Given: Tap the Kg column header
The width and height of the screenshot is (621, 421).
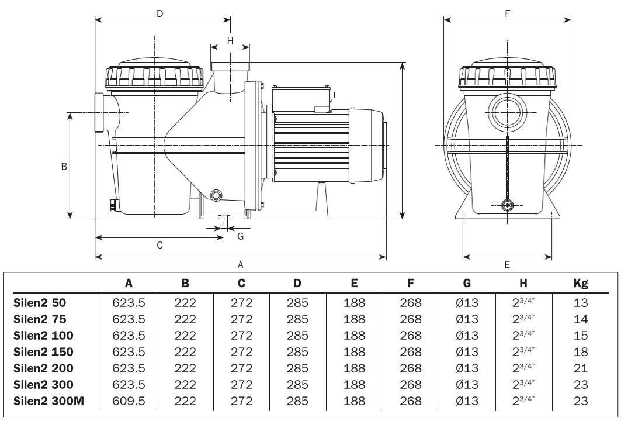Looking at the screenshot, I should [580, 284].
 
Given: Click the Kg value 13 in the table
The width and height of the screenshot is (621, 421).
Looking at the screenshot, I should [580, 303].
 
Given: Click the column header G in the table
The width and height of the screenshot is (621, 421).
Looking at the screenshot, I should [467, 284].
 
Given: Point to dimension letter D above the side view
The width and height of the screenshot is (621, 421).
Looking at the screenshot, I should [159, 13].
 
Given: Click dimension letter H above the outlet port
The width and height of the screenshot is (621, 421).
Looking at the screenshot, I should [230, 40].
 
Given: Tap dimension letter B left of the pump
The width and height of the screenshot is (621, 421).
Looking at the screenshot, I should [64, 166].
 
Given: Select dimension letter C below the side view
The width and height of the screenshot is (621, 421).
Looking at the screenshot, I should [159, 245].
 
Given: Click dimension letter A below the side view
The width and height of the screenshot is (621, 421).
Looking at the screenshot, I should [240, 264].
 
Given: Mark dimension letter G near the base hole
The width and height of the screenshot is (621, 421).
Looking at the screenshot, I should [240, 236].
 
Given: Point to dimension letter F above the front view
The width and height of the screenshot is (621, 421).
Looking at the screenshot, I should [507, 13].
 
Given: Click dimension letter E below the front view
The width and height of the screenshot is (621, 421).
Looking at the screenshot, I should [507, 264].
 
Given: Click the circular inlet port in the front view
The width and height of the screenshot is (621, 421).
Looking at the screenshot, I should [507, 112].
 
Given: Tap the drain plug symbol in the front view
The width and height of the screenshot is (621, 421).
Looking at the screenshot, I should [507, 205].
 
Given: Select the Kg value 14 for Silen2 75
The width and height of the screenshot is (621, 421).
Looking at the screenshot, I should [580, 319].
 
